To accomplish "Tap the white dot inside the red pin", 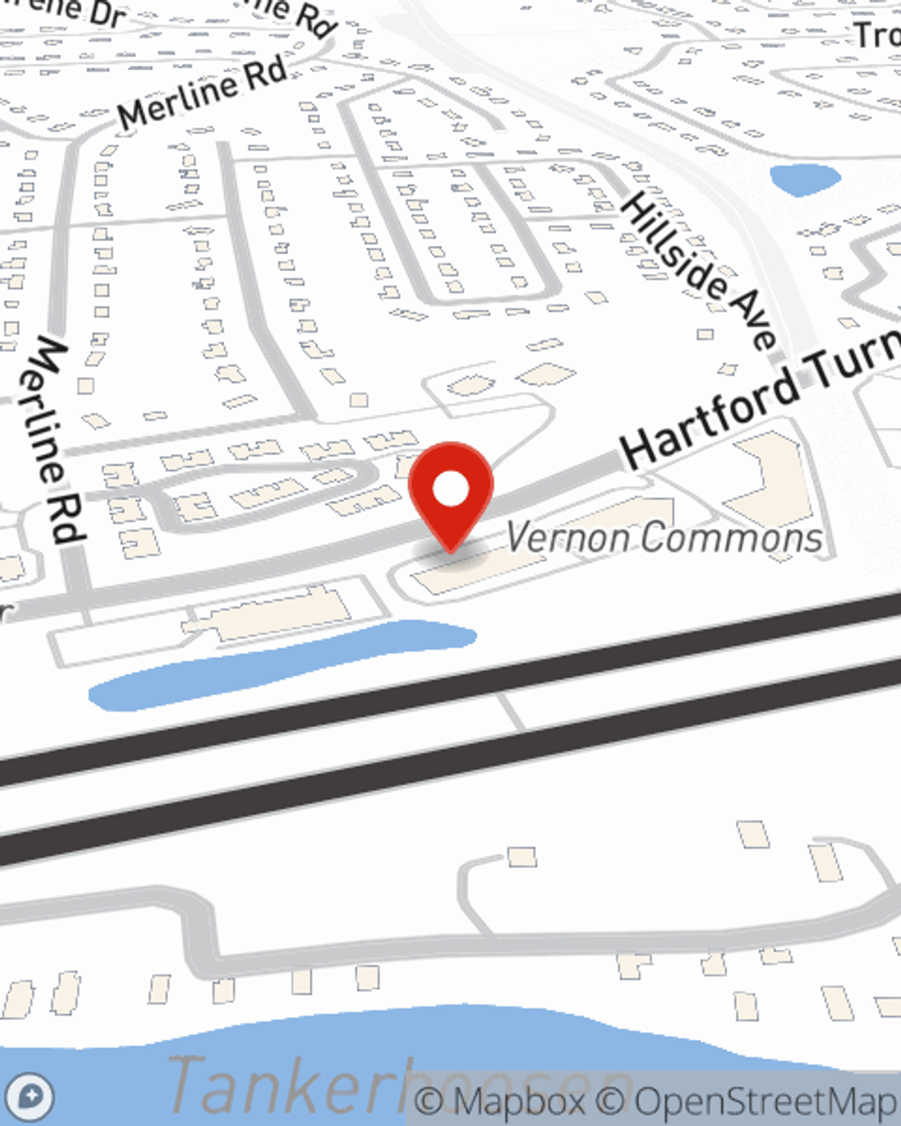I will coord(450,490).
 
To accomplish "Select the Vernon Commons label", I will coord(663,538).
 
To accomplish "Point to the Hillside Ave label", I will coord(698,270).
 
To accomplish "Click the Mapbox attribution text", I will coord(500,1101).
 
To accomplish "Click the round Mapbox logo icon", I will coord(31,1097).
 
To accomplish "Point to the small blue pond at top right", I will coord(805,178).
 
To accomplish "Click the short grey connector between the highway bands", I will coord(511,711).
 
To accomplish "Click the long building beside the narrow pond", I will coord(270,617).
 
